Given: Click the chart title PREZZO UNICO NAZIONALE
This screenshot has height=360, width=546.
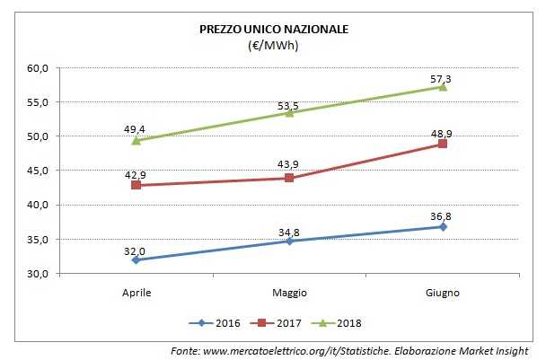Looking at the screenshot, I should coord(274,30).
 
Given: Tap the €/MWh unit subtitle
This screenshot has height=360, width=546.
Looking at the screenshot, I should coord(274,46).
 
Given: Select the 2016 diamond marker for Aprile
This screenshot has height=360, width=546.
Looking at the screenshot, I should coord(136,259).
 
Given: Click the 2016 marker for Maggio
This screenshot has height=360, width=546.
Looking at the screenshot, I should coord(289,241).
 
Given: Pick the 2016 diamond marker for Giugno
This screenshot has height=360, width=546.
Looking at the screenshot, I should coord(442,226).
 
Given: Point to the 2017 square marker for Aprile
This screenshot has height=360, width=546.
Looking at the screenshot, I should coord(136,185).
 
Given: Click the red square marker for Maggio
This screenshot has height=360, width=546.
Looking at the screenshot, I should coord(289,178).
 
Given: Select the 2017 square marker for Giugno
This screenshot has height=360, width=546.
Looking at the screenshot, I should coord(442,144).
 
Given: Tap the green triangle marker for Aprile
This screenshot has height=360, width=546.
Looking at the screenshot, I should coord(136,140).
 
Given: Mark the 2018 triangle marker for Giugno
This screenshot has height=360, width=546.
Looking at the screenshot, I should coord(442,86).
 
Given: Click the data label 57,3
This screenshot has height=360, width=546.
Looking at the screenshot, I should coord(440,80).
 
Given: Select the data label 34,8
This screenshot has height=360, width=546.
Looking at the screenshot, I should coord(289,233).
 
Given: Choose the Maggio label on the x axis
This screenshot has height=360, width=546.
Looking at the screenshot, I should coord(289,293).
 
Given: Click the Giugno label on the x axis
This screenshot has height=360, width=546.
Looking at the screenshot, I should coord(442,293).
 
